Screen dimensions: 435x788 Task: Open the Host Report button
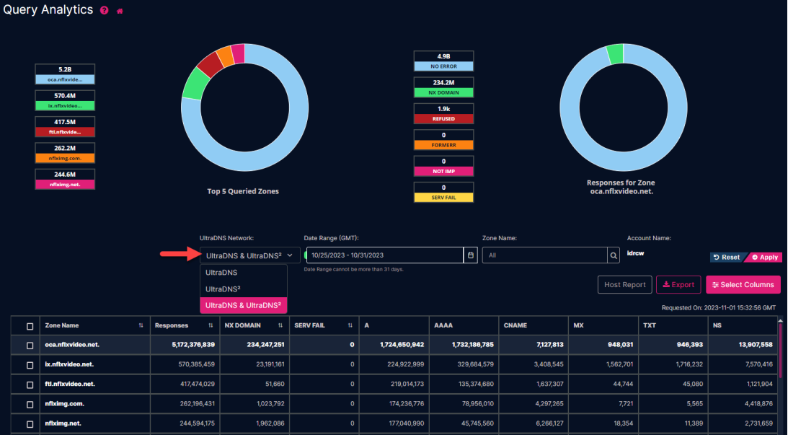point(624,285)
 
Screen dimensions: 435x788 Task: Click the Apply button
point(765,258)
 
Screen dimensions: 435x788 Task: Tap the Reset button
point(727,258)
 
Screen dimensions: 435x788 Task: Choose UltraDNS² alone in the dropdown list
point(222,289)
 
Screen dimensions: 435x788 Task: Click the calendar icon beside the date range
point(471,255)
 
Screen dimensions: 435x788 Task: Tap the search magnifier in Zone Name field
point(614,255)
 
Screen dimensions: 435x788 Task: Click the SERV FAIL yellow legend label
point(443,197)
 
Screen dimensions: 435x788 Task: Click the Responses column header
point(172,326)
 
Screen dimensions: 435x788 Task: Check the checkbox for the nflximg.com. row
point(30,404)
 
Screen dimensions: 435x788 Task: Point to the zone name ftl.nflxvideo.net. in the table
point(70,385)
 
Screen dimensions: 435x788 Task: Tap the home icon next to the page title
point(120,11)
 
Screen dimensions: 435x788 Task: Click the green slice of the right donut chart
point(615,53)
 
